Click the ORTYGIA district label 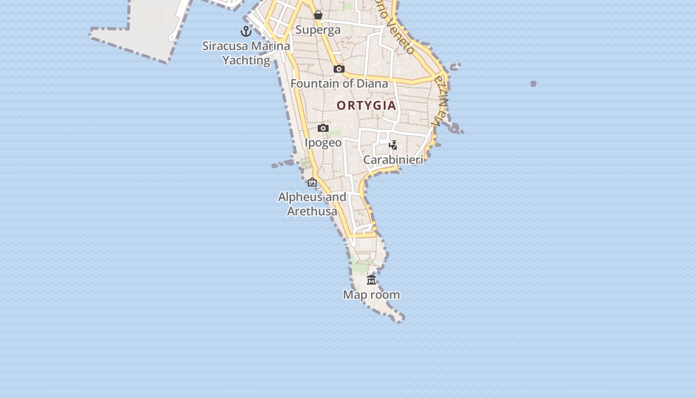pos(366,105)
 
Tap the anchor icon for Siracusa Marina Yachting pos(246,31)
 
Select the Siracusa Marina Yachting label pos(246,53)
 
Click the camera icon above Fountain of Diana pos(339,69)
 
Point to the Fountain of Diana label pos(339,84)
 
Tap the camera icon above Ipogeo pos(323,128)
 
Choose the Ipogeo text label pos(323,143)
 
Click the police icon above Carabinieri pos(393,145)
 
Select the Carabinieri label pos(393,160)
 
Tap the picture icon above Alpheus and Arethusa pos(312,183)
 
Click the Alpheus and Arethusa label pos(312,204)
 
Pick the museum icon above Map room pos(371,280)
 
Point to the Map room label pos(371,295)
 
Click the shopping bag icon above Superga pos(318,15)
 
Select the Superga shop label pos(318,30)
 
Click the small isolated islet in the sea pos(533,84)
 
